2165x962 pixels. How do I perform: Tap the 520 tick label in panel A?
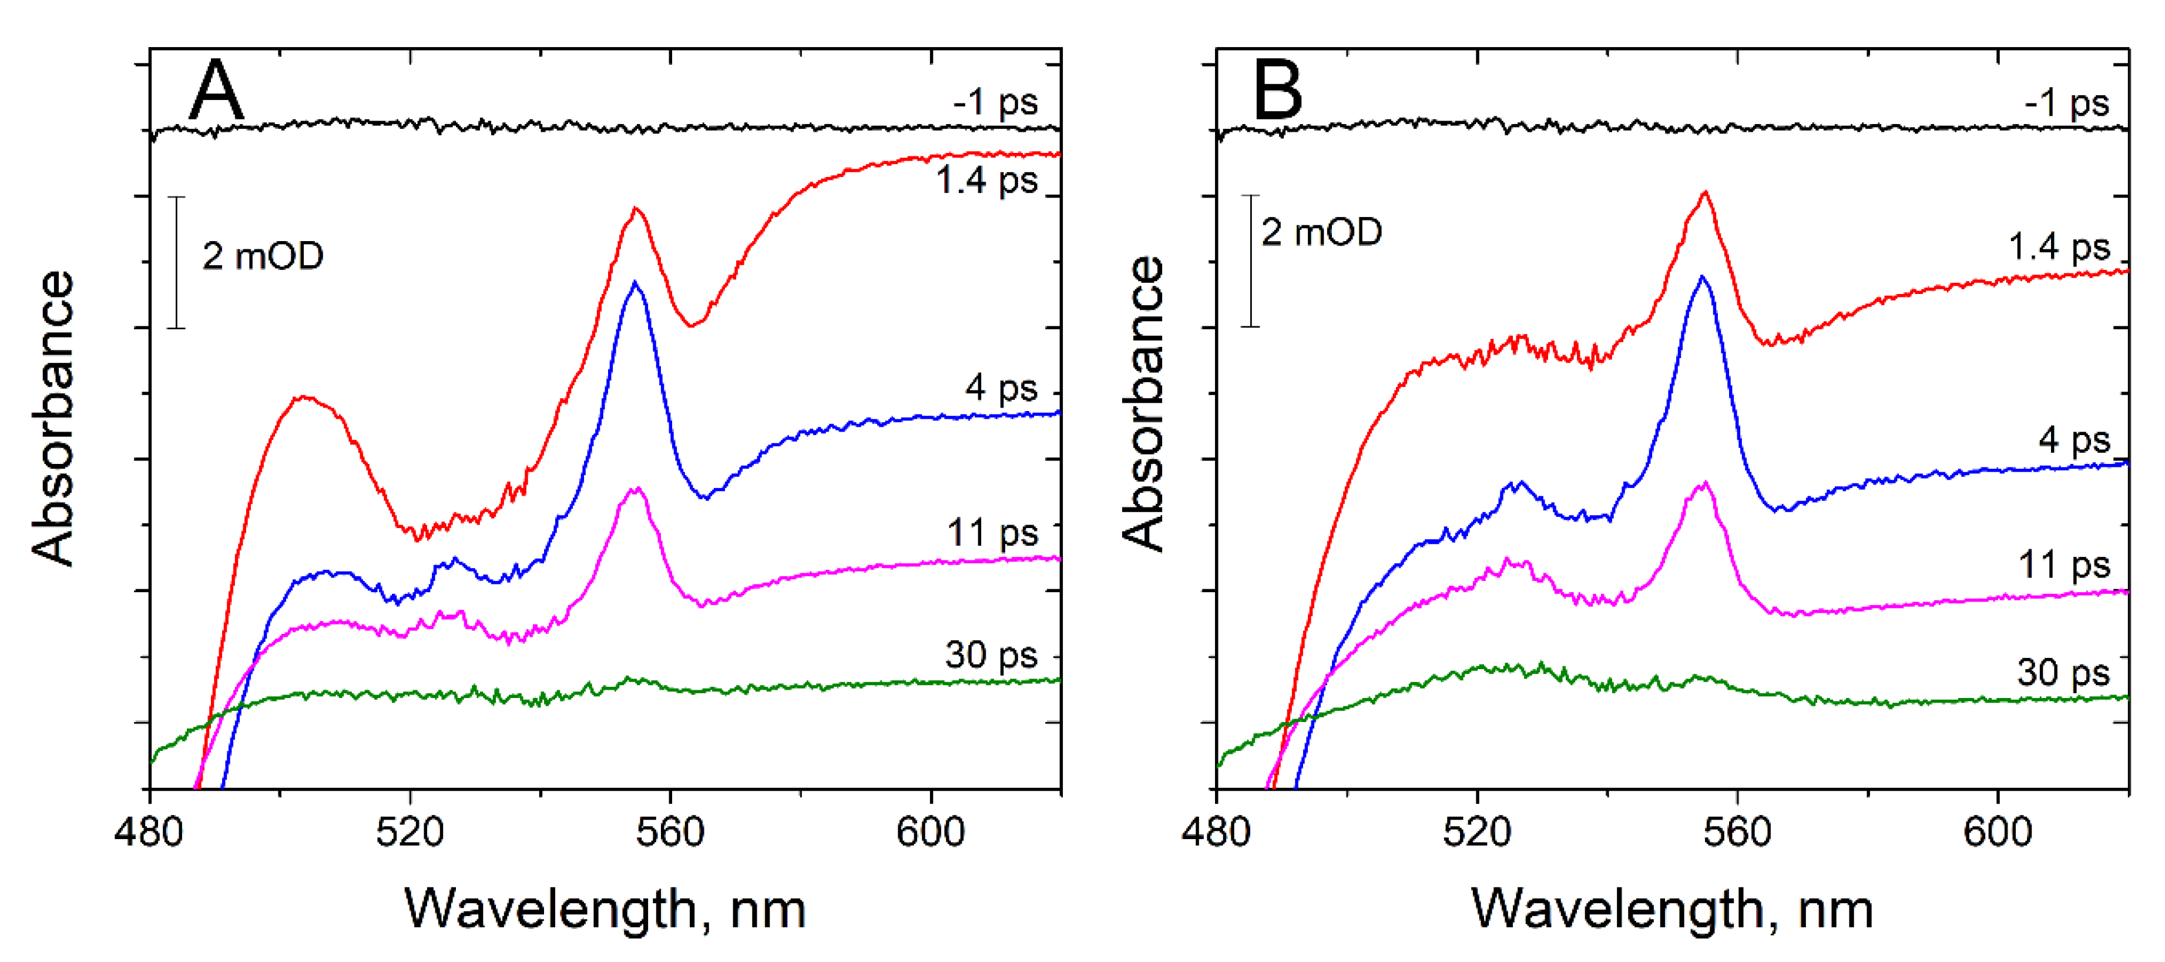point(410,833)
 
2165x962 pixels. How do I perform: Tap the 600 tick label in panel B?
point(1997,833)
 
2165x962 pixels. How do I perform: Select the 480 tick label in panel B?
point(1216,833)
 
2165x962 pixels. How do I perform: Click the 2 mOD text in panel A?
point(262,256)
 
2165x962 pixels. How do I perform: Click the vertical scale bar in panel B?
point(1251,260)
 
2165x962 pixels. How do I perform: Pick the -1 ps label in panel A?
point(995,102)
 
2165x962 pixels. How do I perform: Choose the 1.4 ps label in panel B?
point(2059,247)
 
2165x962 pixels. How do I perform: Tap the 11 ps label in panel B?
point(2064,564)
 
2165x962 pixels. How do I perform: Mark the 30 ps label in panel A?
point(991,654)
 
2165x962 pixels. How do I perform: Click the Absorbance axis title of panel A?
point(53,418)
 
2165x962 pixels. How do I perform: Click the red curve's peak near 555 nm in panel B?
point(1704,193)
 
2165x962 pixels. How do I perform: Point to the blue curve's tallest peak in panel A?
point(635,283)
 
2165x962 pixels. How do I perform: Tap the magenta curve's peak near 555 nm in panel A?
point(637,489)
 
